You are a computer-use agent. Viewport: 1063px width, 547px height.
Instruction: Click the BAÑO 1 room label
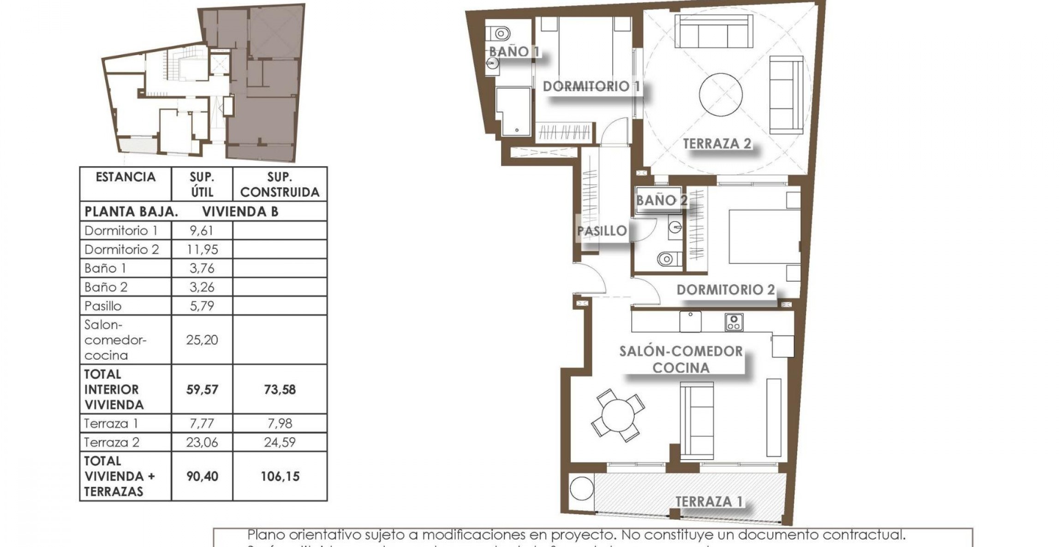click(x=514, y=52)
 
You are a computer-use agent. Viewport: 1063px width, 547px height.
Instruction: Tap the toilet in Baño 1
click(x=500, y=33)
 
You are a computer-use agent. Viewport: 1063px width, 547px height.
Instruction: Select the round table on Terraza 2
click(x=720, y=95)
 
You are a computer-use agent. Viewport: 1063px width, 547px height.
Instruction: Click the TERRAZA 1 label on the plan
click(x=709, y=502)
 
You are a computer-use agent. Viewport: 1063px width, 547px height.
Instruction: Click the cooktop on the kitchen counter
click(x=734, y=322)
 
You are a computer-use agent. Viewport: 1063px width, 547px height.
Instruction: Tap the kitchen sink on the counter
click(x=690, y=321)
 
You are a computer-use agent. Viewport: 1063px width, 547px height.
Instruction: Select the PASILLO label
click(x=602, y=231)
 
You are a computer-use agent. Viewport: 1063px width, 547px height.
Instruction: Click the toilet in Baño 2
click(x=667, y=259)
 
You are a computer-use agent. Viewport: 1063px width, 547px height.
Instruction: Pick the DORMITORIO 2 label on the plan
click(x=725, y=290)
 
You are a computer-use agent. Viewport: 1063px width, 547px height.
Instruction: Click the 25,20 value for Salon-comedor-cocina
click(x=202, y=340)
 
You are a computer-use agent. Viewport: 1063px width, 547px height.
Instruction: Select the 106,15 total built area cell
click(x=280, y=476)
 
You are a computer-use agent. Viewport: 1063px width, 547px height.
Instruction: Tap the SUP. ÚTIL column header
click(x=202, y=184)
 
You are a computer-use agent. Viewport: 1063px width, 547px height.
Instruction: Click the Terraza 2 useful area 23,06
click(x=202, y=443)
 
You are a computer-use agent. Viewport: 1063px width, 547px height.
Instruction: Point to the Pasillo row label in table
click(x=103, y=306)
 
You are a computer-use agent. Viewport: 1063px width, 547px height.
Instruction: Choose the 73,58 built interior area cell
click(x=280, y=390)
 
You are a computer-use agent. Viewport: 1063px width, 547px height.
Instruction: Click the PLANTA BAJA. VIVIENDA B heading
click(x=182, y=212)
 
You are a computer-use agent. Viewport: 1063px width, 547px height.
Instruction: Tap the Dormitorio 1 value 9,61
click(x=202, y=231)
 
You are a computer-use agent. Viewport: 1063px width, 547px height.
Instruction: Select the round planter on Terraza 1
click(x=581, y=488)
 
